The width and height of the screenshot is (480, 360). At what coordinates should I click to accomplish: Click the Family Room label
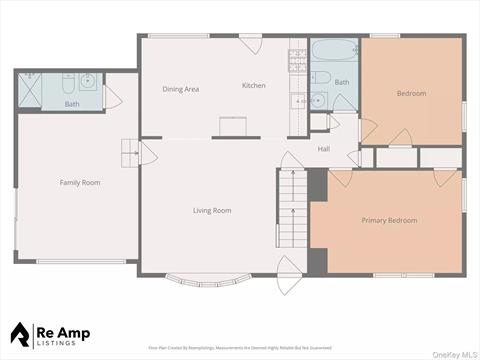(x=80, y=182)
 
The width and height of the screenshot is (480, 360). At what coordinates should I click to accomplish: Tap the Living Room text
(x=212, y=210)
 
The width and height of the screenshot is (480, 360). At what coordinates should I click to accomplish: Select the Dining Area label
(x=181, y=89)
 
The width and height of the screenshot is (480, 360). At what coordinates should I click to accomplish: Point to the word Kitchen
(x=254, y=86)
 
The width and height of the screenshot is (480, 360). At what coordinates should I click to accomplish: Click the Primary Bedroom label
(x=389, y=220)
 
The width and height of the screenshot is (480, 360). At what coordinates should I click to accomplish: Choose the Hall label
(x=324, y=149)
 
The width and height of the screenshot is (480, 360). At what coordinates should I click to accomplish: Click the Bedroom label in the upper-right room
(x=411, y=93)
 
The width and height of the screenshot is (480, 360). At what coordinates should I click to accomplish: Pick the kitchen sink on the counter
(x=298, y=101)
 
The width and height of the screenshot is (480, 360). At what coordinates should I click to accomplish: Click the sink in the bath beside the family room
(x=88, y=81)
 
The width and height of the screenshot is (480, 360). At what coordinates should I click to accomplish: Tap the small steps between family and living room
(x=129, y=153)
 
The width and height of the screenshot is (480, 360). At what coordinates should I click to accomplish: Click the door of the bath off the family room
(x=111, y=97)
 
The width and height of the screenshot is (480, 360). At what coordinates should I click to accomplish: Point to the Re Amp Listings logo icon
(x=22, y=332)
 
